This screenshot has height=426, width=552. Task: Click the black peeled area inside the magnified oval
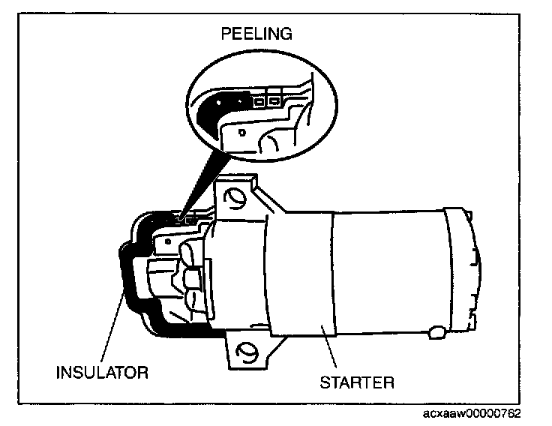(213, 109)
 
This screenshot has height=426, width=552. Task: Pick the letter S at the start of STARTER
(325, 382)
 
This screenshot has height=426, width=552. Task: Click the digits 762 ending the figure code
(511, 414)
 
